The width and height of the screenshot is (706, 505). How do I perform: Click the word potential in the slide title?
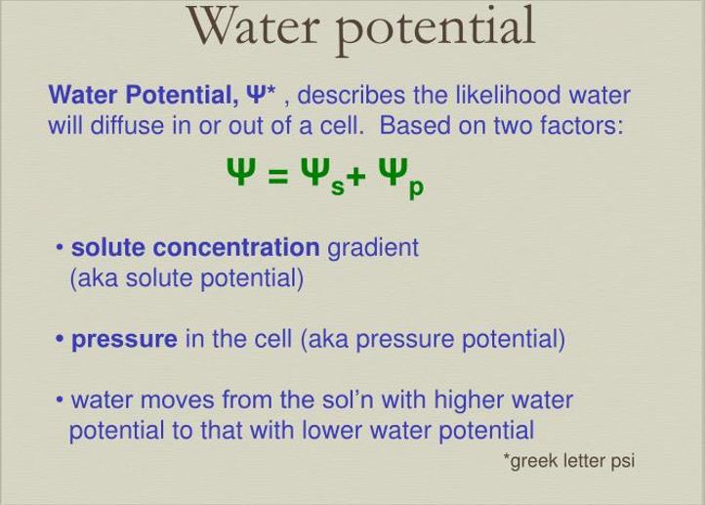pyautogui.click(x=436, y=30)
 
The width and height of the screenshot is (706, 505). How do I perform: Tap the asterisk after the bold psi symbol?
pyautogui.click(x=270, y=90)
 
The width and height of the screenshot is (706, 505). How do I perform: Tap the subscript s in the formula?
pyautogui.click(x=338, y=188)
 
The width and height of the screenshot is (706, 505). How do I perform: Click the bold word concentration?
pyautogui.click(x=236, y=247)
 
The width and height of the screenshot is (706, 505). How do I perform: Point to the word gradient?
pyautogui.click(x=373, y=249)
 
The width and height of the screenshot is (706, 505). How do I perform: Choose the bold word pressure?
pyautogui.click(x=124, y=340)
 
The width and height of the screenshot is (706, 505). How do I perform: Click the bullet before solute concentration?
pyautogui.click(x=60, y=247)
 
